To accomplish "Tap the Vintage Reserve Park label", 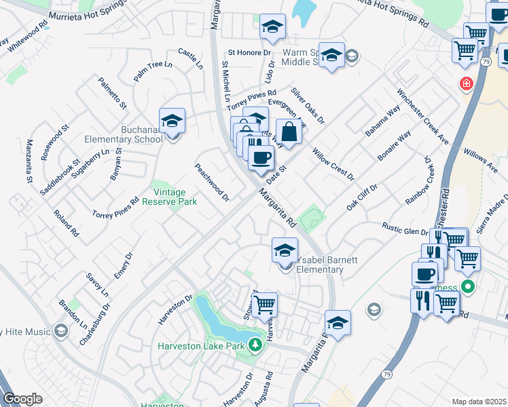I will pos(169,197).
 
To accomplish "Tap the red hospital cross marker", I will pos(466,84).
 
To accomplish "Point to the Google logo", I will pos(22,399).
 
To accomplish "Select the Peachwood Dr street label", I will pos(212,182).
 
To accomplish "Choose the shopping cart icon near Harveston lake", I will pos(264,304).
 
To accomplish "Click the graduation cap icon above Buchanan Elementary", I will pos(173,121).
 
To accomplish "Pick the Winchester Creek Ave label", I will pos(422,116).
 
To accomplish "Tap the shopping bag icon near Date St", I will pos(289,133).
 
